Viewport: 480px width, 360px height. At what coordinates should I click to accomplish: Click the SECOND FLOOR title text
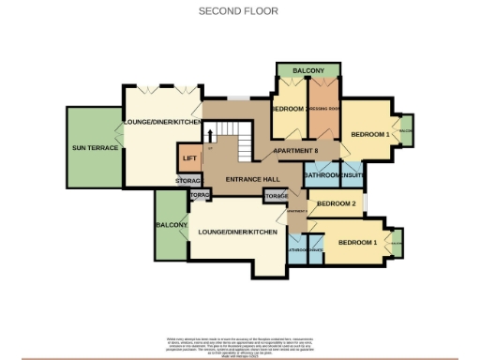point(239,11)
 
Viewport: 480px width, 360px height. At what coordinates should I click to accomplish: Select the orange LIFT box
point(189,157)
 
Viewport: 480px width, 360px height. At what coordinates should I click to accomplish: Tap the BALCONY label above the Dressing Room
point(307,71)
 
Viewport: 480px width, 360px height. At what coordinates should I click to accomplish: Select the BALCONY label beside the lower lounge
point(172,225)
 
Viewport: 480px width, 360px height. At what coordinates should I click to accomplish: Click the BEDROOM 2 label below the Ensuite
point(336,203)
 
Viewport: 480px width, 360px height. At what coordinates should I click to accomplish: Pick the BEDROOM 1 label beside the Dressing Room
point(369,135)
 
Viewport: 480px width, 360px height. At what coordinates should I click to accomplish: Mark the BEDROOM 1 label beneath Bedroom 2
point(356,243)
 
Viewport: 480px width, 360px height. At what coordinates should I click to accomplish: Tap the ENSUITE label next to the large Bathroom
point(352,175)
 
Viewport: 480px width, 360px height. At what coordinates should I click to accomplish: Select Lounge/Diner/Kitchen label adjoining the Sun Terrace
point(161,123)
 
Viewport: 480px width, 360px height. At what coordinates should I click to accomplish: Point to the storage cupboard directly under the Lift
point(188,179)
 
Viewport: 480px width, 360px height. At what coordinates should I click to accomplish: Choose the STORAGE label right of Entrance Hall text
point(276,196)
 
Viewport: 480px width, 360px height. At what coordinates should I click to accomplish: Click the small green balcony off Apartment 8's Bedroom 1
point(407,130)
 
